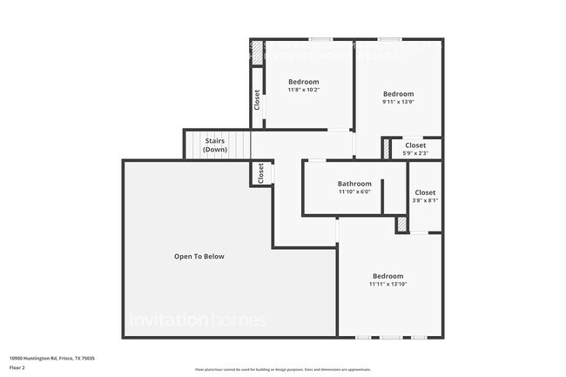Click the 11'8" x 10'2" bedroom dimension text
(304, 90)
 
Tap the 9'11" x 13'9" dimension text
(398, 102)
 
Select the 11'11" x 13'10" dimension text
(387, 284)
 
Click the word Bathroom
(354, 184)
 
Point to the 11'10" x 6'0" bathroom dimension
(354, 192)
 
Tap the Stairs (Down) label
(216, 145)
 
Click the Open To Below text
(199, 256)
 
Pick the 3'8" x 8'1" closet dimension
(425, 200)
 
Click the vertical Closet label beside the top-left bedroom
(257, 99)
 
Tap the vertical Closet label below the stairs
(260, 173)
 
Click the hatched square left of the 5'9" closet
(387, 150)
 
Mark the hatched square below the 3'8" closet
(401, 224)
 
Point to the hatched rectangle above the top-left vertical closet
(257, 52)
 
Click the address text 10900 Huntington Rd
(51, 358)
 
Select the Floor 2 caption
(17, 367)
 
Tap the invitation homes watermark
(197, 320)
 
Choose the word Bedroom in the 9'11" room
(398, 94)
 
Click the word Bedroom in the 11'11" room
(387, 276)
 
